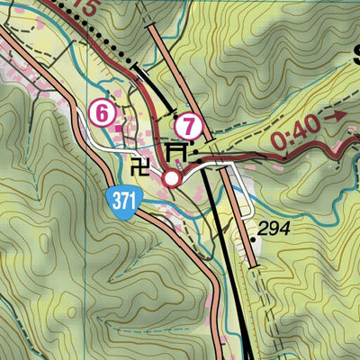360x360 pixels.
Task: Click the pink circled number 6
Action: (x=103, y=113)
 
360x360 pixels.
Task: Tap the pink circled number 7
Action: (x=189, y=125)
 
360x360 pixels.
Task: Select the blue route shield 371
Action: (x=124, y=201)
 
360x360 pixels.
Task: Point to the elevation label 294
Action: (x=273, y=229)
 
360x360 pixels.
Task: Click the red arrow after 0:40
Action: (x=339, y=115)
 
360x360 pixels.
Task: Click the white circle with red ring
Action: (x=171, y=179)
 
